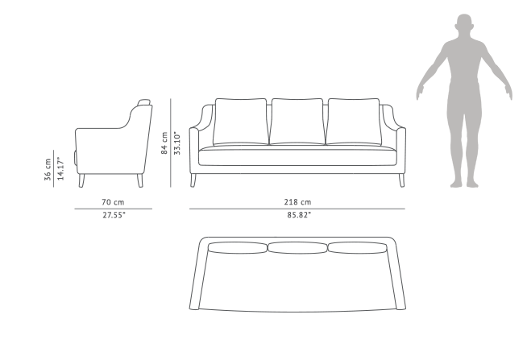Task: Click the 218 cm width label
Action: tap(297, 202)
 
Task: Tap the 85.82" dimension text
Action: tap(299, 215)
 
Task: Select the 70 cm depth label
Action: tap(113, 202)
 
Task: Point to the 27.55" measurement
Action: tap(114, 215)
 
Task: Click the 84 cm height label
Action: tap(164, 143)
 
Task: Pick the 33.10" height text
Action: tap(177, 143)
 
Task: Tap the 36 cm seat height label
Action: tap(48, 170)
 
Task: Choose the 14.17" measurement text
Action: tap(60, 168)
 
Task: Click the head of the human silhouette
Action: tap(464, 23)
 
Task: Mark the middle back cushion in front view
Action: tap(297, 122)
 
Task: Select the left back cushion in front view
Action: tap(241, 122)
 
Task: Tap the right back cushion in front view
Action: tap(354, 122)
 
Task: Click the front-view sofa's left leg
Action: tap(193, 180)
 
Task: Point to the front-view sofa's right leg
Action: tap(401, 180)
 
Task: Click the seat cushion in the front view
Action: tap(297, 155)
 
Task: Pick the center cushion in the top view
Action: tap(297, 248)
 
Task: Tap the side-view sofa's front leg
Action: tap(81, 180)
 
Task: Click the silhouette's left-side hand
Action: tap(420, 92)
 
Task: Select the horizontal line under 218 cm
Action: tap(297, 209)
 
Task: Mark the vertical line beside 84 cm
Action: tap(171, 143)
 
